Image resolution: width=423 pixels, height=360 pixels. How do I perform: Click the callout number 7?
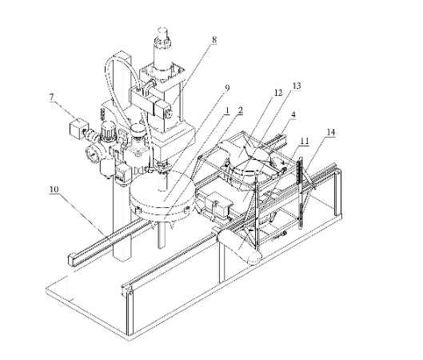[x=52, y=97]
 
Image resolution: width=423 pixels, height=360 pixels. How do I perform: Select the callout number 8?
[x=214, y=40]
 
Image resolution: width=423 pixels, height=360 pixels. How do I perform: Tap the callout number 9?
[x=227, y=88]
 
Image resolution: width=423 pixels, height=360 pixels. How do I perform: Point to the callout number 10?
[x=54, y=190]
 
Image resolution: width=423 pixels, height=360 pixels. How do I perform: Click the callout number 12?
[x=278, y=93]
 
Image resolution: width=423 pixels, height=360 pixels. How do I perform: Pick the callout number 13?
[x=297, y=86]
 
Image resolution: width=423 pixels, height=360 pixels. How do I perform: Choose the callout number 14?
[x=331, y=132]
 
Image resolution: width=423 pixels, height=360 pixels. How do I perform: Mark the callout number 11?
[x=305, y=141]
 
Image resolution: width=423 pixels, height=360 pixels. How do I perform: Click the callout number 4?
[x=293, y=114]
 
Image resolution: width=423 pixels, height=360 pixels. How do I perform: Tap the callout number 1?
[x=227, y=110]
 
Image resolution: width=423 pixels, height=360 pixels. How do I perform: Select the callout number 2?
[x=241, y=110]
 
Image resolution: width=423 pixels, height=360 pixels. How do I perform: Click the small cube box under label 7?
[x=78, y=128]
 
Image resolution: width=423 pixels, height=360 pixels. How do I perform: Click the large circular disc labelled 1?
[x=162, y=195]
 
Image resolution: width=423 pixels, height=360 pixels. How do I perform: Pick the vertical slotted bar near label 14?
[x=299, y=194]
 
